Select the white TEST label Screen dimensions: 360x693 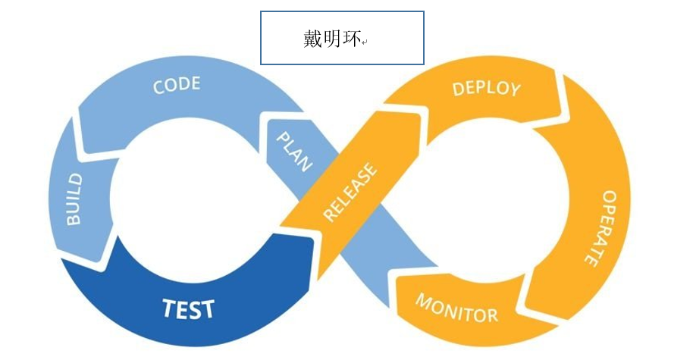coord(188,308)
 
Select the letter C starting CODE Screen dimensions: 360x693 coord(159,88)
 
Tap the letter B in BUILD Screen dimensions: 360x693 coord(74,219)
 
